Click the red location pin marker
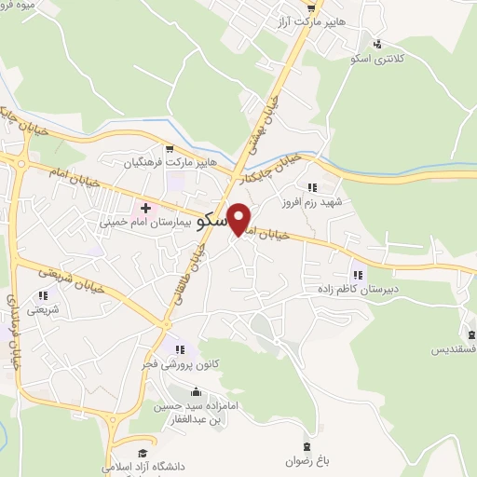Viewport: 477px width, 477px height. pyautogui.click(x=239, y=220)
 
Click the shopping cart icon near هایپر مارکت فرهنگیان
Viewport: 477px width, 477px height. pyautogui.click(x=169, y=148)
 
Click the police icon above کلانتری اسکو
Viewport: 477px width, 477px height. pyautogui.click(x=377, y=43)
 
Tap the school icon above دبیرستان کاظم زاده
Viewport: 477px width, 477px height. pyautogui.click(x=359, y=274)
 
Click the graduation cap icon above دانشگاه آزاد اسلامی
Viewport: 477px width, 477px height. pyautogui.click(x=142, y=449)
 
